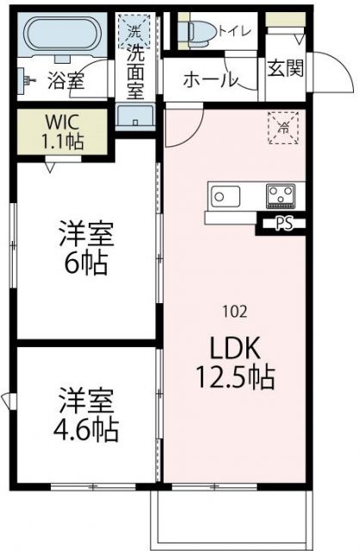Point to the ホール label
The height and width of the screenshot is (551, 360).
click(x=210, y=80)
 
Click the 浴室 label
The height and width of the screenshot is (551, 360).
click(x=64, y=82)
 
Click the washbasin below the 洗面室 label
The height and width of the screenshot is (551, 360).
click(x=135, y=115)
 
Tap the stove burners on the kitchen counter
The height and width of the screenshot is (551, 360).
click(x=280, y=195)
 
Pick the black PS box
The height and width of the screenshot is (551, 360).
click(x=282, y=226)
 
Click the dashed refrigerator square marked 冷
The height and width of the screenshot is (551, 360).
click(x=282, y=127)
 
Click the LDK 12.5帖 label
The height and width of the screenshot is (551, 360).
click(x=233, y=362)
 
